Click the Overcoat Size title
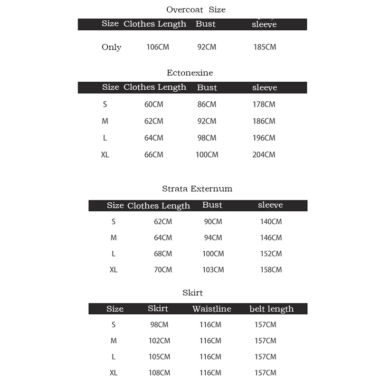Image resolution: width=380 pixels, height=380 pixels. click(x=196, y=9)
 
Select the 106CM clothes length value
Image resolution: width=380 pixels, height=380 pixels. click(x=158, y=47)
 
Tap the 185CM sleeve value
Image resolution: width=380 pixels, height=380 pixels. click(x=265, y=47)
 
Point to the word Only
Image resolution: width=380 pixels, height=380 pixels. click(x=112, y=47)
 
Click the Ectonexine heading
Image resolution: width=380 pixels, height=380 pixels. click(x=190, y=73)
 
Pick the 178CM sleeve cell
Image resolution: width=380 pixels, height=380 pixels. click(x=264, y=104)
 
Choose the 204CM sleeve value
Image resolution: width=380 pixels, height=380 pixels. click(x=264, y=154)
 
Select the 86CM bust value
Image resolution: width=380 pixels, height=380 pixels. click(x=207, y=104)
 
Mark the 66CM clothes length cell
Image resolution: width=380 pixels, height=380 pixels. click(x=153, y=154)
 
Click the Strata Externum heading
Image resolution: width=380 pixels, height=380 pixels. click(x=197, y=189)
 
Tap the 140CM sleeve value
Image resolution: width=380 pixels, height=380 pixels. click(x=271, y=221)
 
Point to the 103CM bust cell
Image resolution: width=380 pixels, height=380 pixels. click(x=213, y=270)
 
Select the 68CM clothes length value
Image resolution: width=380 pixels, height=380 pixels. click(x=163, y=254)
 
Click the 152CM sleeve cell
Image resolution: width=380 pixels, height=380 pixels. click(x=271, y=254)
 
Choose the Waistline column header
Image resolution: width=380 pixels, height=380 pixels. click(x=211, y=309)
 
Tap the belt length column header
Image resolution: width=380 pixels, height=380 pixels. click(x=271, y=309)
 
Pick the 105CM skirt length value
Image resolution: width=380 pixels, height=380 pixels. click(x=159, y=357)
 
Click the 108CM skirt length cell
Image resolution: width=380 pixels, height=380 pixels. click(x=159, y=373)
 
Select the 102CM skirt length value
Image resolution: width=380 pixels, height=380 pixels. click(x=159, y=341)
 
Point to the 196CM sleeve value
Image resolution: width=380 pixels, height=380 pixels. click(x=264, y=138)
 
